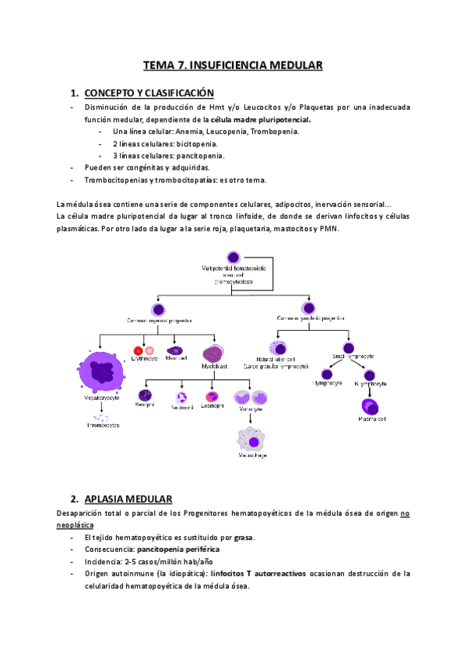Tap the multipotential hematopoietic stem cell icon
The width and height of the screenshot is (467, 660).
(x=233, y=257)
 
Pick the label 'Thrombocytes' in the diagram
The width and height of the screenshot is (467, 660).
(x=103, y=426)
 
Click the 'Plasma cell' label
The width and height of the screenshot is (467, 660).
(x=371, y=420)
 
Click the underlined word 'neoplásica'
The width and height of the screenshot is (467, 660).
(x=80, y=525)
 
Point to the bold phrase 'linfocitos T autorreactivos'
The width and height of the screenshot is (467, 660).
(x=253, y=574)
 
